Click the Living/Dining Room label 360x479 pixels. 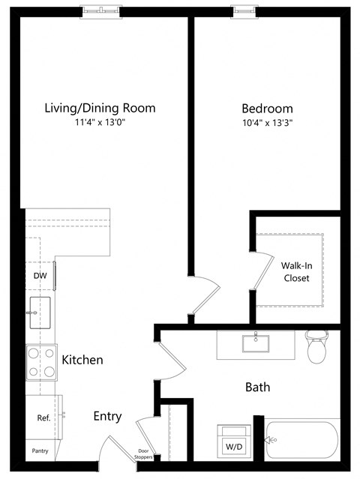[100, 108]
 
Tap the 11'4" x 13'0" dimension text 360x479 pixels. [100, 123]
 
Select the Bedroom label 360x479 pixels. [267, 108]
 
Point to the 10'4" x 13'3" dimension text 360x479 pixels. [267, 123]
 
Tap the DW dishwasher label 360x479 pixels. [40, 275]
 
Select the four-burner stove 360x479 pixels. [41, 361]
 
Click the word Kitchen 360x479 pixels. [82, 360]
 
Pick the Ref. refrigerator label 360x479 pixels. [43, 418]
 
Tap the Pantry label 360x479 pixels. [40, 451]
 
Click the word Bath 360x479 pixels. [257, 388]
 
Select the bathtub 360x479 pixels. [304, 439]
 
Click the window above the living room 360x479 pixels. [100, 11]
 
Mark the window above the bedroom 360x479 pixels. [244, 11]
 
